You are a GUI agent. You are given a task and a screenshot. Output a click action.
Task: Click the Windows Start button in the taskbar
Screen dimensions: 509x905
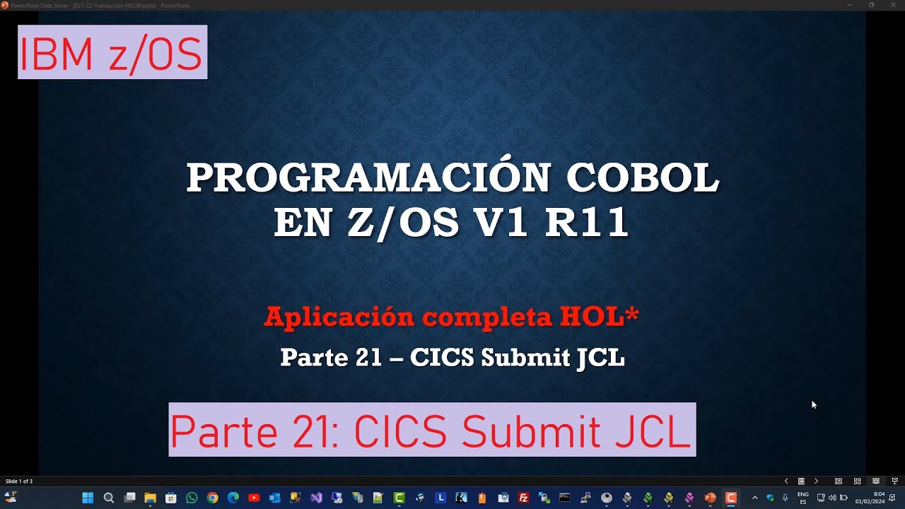88,498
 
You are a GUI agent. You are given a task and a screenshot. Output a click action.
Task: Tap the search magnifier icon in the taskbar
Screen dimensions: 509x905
109,498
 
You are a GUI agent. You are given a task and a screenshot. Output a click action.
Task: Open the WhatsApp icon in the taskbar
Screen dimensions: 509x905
192,498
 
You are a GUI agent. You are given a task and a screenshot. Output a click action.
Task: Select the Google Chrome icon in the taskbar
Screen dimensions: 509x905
212,498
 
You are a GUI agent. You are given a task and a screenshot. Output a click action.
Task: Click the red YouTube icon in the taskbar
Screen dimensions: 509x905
254,498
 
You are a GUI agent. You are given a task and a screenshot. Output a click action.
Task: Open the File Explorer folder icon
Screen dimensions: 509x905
150,498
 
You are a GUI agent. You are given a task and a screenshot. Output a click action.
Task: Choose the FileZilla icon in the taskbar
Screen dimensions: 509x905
524,498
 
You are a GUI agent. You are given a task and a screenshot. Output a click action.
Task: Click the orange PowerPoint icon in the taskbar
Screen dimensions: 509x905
711,498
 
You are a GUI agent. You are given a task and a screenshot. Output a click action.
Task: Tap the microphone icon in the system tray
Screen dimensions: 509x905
786,498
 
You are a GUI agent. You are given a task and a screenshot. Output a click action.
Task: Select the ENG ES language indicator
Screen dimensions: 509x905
803,498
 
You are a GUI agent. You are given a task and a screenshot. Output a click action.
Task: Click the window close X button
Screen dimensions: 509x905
893,5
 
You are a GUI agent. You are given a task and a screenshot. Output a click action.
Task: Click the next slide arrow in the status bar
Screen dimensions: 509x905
816,481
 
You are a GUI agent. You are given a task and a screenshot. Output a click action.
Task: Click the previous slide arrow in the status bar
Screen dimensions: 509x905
786,481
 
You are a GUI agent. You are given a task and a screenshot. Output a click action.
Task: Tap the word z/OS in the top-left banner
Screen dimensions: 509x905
156,54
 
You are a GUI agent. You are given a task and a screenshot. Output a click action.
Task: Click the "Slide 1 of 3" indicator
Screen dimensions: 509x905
19,481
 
